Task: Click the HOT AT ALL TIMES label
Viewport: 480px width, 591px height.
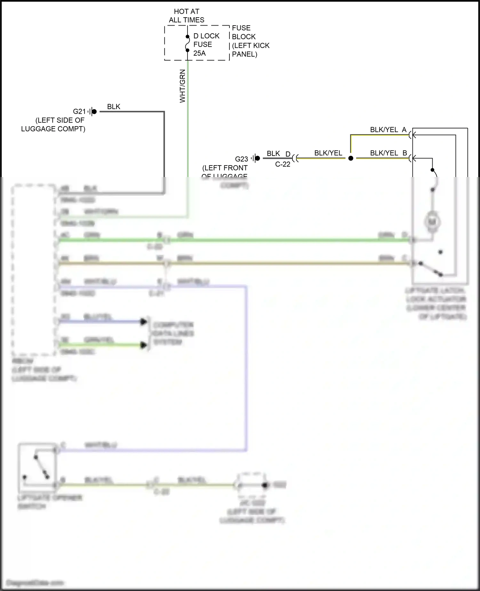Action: [x=187, y=16]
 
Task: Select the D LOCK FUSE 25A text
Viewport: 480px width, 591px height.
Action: [x=206, y=45]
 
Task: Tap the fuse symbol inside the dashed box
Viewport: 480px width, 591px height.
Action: [x=188, y=44]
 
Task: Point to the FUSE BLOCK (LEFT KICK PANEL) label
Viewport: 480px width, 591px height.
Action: [x=250, y=41]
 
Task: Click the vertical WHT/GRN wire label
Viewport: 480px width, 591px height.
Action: [x=182, y=86]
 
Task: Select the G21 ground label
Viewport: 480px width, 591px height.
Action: [x=79, y=111]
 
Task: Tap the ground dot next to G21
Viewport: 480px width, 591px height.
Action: [x=94, y=111]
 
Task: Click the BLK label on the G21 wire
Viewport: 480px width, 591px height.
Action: [x=114, y=107]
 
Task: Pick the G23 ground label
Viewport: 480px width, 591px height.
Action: [x=242, y=159]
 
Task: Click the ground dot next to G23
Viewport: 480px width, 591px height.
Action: [x=258, y=158]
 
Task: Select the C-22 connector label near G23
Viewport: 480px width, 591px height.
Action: [x=283, y=164]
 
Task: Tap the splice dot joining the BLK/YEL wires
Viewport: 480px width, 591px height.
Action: [x=351, y=158]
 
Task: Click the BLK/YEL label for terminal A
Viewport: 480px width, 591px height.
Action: [x=384, y=130]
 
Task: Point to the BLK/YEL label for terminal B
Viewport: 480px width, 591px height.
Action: [x=384, y=153]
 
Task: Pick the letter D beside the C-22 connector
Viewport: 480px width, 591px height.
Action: [x=288, y=154]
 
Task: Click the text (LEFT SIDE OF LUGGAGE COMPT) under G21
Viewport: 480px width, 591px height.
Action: [x=53, y=125]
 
